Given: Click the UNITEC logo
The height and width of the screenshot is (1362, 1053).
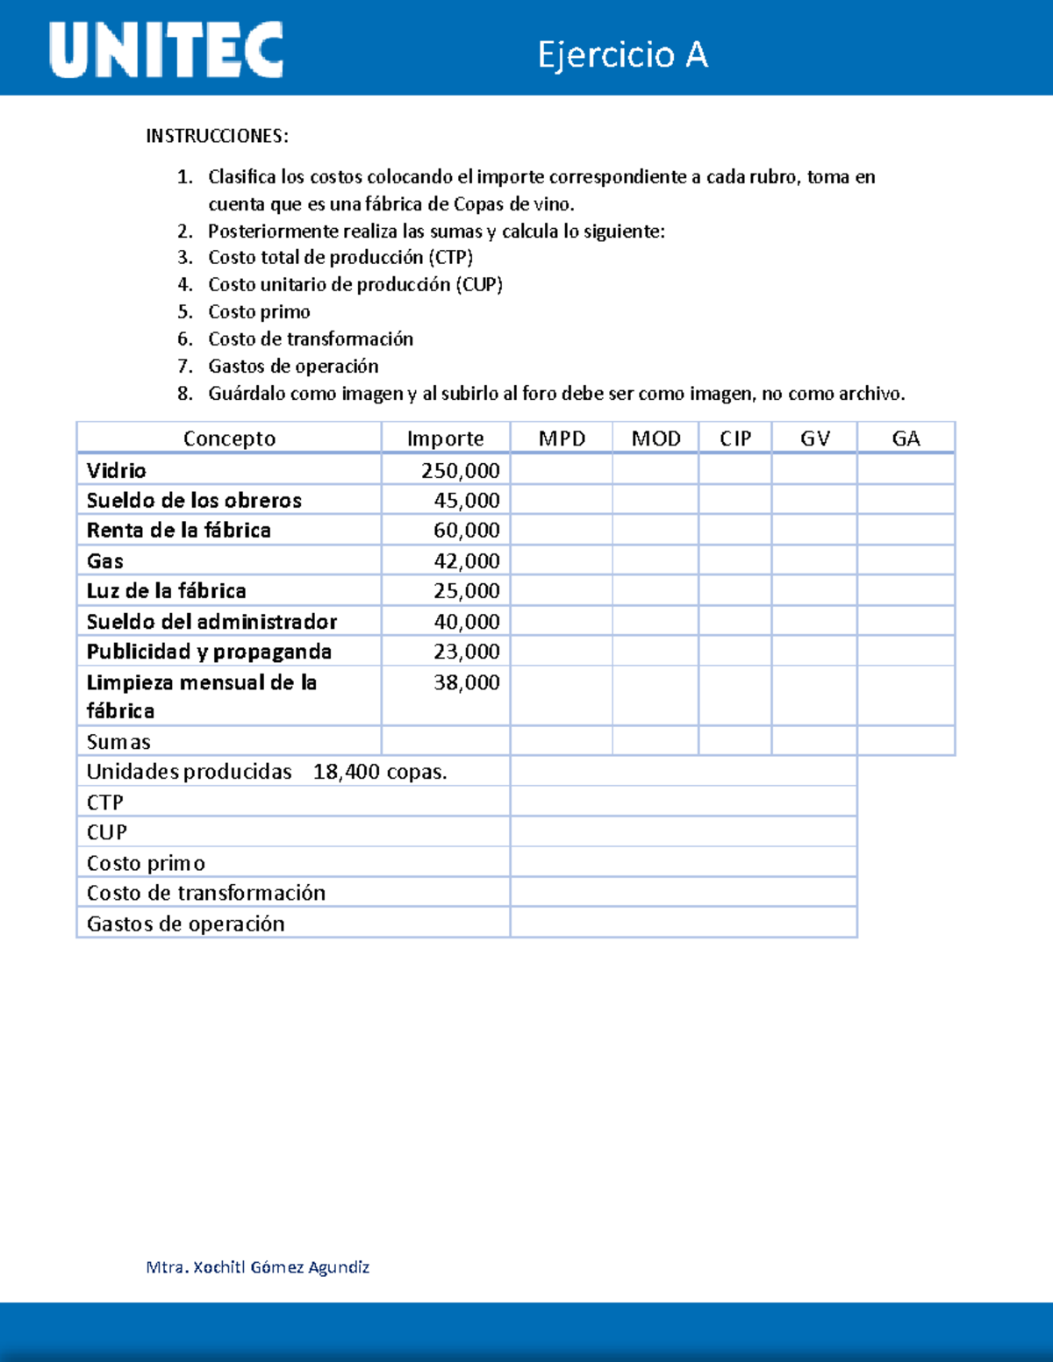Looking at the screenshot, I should coord(167,50).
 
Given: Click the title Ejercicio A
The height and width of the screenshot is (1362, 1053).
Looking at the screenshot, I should coord(622,54).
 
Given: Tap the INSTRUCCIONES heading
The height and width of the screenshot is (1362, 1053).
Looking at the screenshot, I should coord(217,136).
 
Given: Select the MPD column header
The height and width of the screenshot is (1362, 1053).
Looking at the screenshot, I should coord(562,439).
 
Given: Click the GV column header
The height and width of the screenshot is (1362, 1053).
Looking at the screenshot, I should coord(814,439).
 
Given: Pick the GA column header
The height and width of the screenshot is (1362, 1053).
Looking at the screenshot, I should coord(906,439).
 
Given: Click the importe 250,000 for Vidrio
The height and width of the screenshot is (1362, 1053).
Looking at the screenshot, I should coord(460,470).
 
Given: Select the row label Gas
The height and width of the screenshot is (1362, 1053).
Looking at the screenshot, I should coord(105,560).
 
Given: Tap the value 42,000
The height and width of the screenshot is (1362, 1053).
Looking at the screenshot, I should coord(466,560).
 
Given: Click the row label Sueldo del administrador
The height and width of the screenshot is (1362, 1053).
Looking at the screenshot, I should coord(211,621).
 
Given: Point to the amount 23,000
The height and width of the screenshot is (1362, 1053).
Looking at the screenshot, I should coord(466,652).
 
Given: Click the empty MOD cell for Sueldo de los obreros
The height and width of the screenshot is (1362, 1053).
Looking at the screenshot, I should coord(655,500).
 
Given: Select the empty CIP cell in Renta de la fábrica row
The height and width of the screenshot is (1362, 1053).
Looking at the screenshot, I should coord(735,530).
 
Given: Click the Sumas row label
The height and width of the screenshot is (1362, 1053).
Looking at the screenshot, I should coord(118,742).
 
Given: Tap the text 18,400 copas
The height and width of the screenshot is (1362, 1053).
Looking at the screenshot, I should coord(380,772).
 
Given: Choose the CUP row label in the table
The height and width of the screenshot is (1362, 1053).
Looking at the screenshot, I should coord(107,832).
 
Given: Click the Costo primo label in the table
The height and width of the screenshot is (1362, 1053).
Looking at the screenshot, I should coord(146,863).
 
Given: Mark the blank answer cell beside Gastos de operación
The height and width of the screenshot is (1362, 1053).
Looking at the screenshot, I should coord(683,923).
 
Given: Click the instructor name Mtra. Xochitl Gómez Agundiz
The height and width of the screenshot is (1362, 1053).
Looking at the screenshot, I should coord(258,1266).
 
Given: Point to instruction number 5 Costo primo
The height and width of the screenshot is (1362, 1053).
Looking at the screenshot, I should coord(259,312).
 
